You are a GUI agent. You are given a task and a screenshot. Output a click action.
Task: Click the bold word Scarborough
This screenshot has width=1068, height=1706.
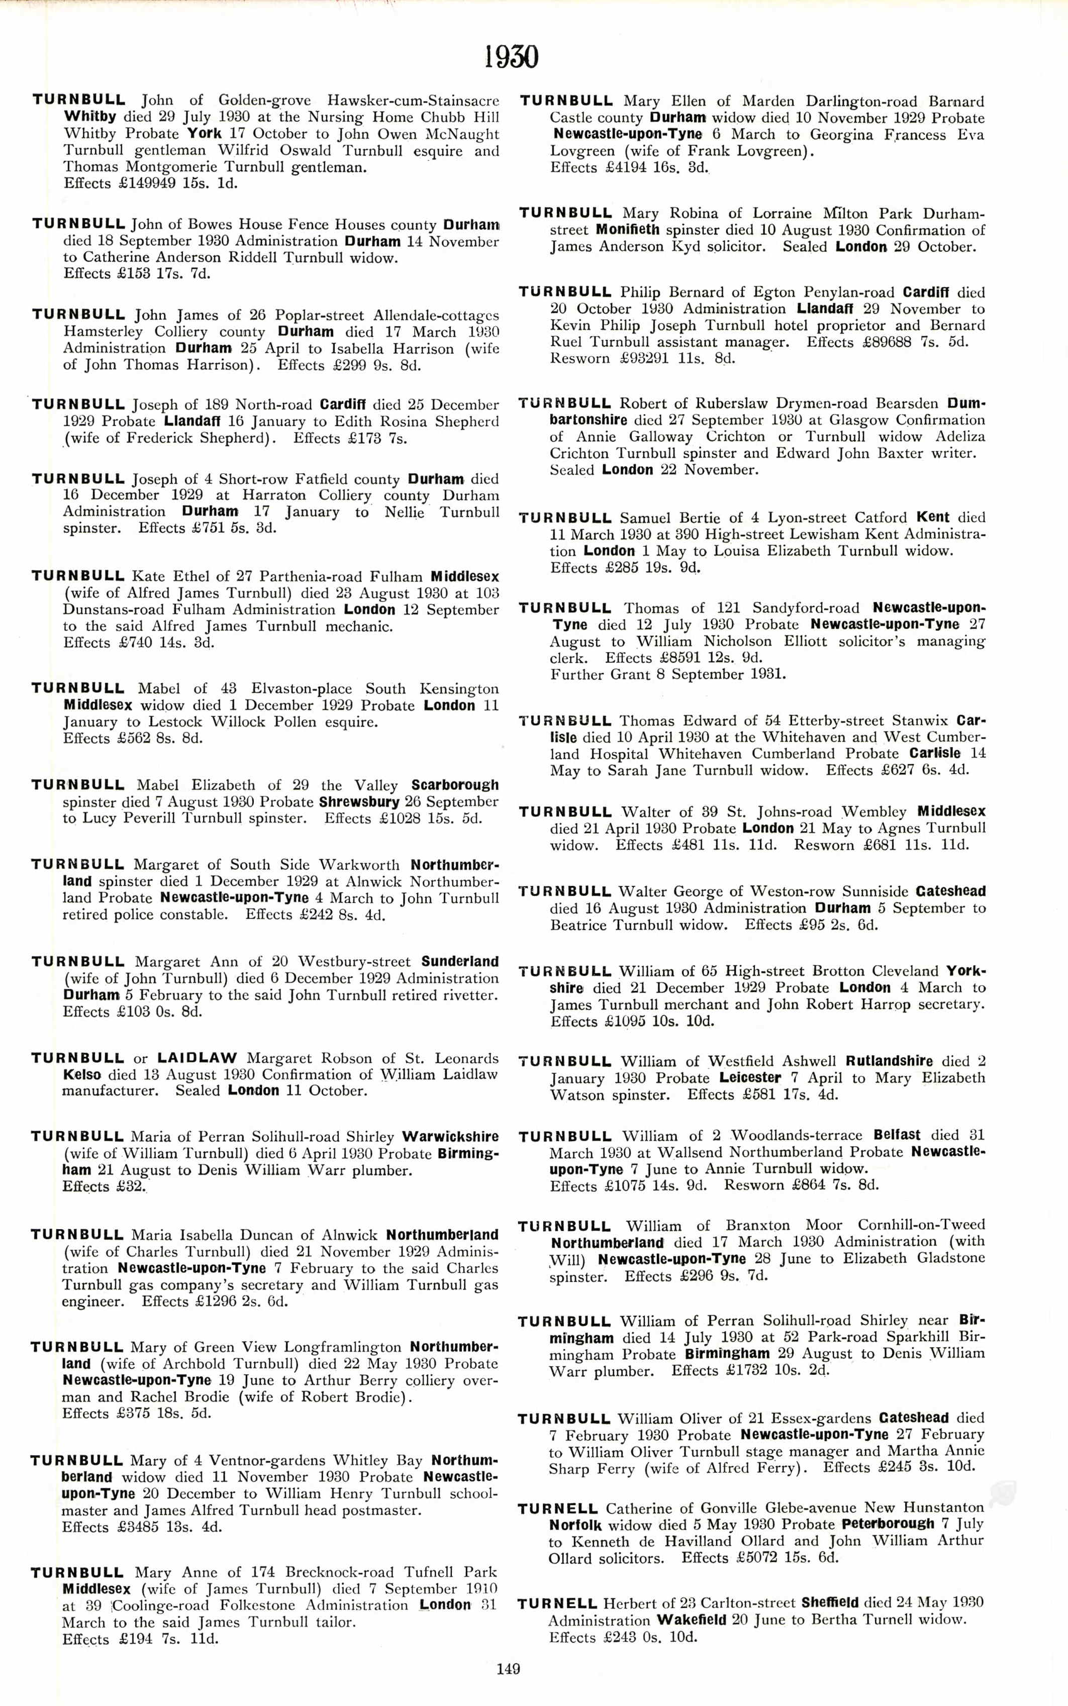[x=455, y=785]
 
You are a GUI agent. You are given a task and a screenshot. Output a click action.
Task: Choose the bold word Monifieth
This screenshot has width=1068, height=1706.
[x=627, y=230]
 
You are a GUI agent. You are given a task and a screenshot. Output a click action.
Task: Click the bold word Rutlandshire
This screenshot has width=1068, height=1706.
[x=889, y=1061]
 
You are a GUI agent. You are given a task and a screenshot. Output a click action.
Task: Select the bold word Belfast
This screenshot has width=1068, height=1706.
[x=897, y=1136]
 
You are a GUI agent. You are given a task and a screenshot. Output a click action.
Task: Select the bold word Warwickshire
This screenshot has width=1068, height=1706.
[x=450, y=1137]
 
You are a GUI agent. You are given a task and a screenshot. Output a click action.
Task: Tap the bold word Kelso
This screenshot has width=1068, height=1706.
[x=82, y=1075]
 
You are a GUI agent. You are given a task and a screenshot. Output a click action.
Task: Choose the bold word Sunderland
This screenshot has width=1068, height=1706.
[x=460, y=962]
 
